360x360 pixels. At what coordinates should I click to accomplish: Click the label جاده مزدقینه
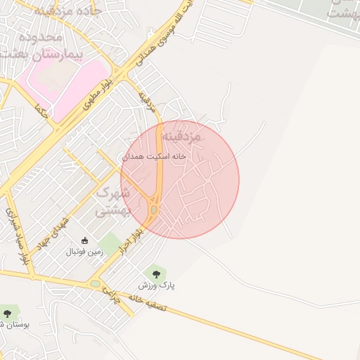[x=68, y=11]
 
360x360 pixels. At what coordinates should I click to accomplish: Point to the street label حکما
[x=43, y=112]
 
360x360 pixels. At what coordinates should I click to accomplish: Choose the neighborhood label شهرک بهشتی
[x=113, y=200]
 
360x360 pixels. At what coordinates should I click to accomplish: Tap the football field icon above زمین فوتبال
[x=85, y=241]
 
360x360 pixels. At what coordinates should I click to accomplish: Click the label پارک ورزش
[x=155, y=285]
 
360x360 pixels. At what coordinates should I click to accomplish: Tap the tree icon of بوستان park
[x=8, y=312]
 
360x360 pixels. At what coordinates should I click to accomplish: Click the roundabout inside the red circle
[x=154, y=209]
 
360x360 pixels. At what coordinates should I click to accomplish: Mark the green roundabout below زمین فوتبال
[x=95, y=284]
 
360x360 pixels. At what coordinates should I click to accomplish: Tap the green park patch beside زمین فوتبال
[x=110, y=244]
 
